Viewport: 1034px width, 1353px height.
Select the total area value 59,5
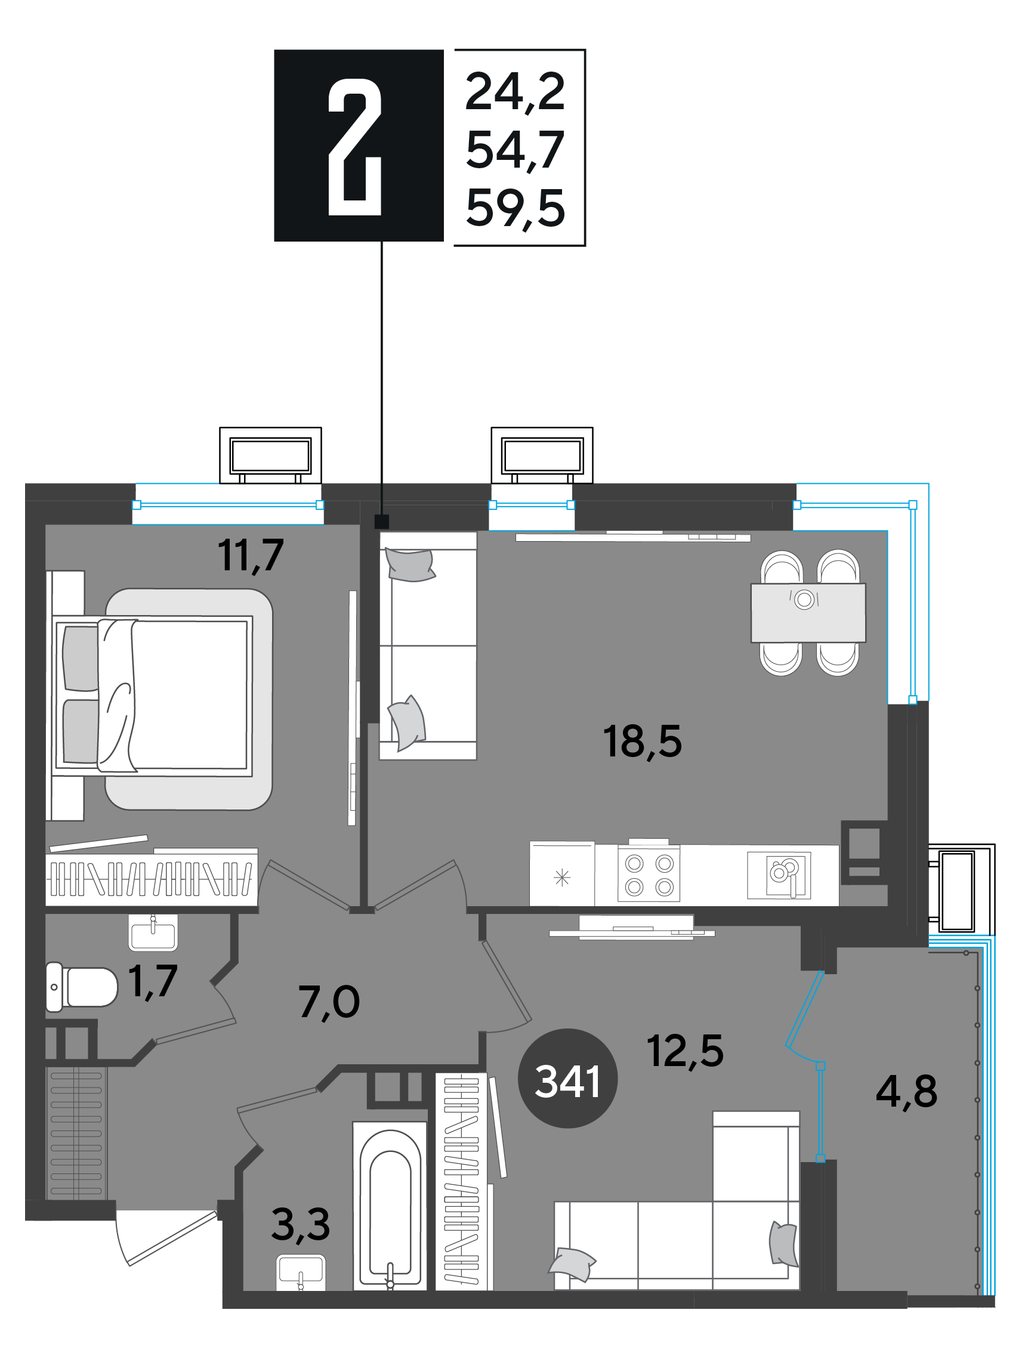[515, 209]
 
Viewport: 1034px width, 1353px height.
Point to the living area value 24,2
[515, 92]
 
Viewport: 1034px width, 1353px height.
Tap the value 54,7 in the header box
[515, 150]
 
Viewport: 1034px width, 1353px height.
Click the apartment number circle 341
[567, 1078]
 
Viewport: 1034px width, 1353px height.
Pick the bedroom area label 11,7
[251, 555]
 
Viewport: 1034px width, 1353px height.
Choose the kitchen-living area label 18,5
[642, 742]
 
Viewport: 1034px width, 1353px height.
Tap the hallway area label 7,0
[329, 1002]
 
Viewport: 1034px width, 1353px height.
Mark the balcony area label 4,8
[906, 1092]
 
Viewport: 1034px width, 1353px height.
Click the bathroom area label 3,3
[300, 1224]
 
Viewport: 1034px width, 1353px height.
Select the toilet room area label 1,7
[153, 981]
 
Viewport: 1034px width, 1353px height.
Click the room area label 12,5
[685, 1051]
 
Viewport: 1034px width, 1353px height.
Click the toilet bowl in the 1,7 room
[82, 987]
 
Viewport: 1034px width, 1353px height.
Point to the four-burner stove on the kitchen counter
[649, 874]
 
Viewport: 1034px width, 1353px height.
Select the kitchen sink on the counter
[779, 875]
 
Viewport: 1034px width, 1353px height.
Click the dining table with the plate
[808, 612]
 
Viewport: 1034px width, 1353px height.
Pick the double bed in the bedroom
[154, 694]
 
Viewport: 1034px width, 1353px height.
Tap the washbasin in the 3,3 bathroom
[300, 1272]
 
